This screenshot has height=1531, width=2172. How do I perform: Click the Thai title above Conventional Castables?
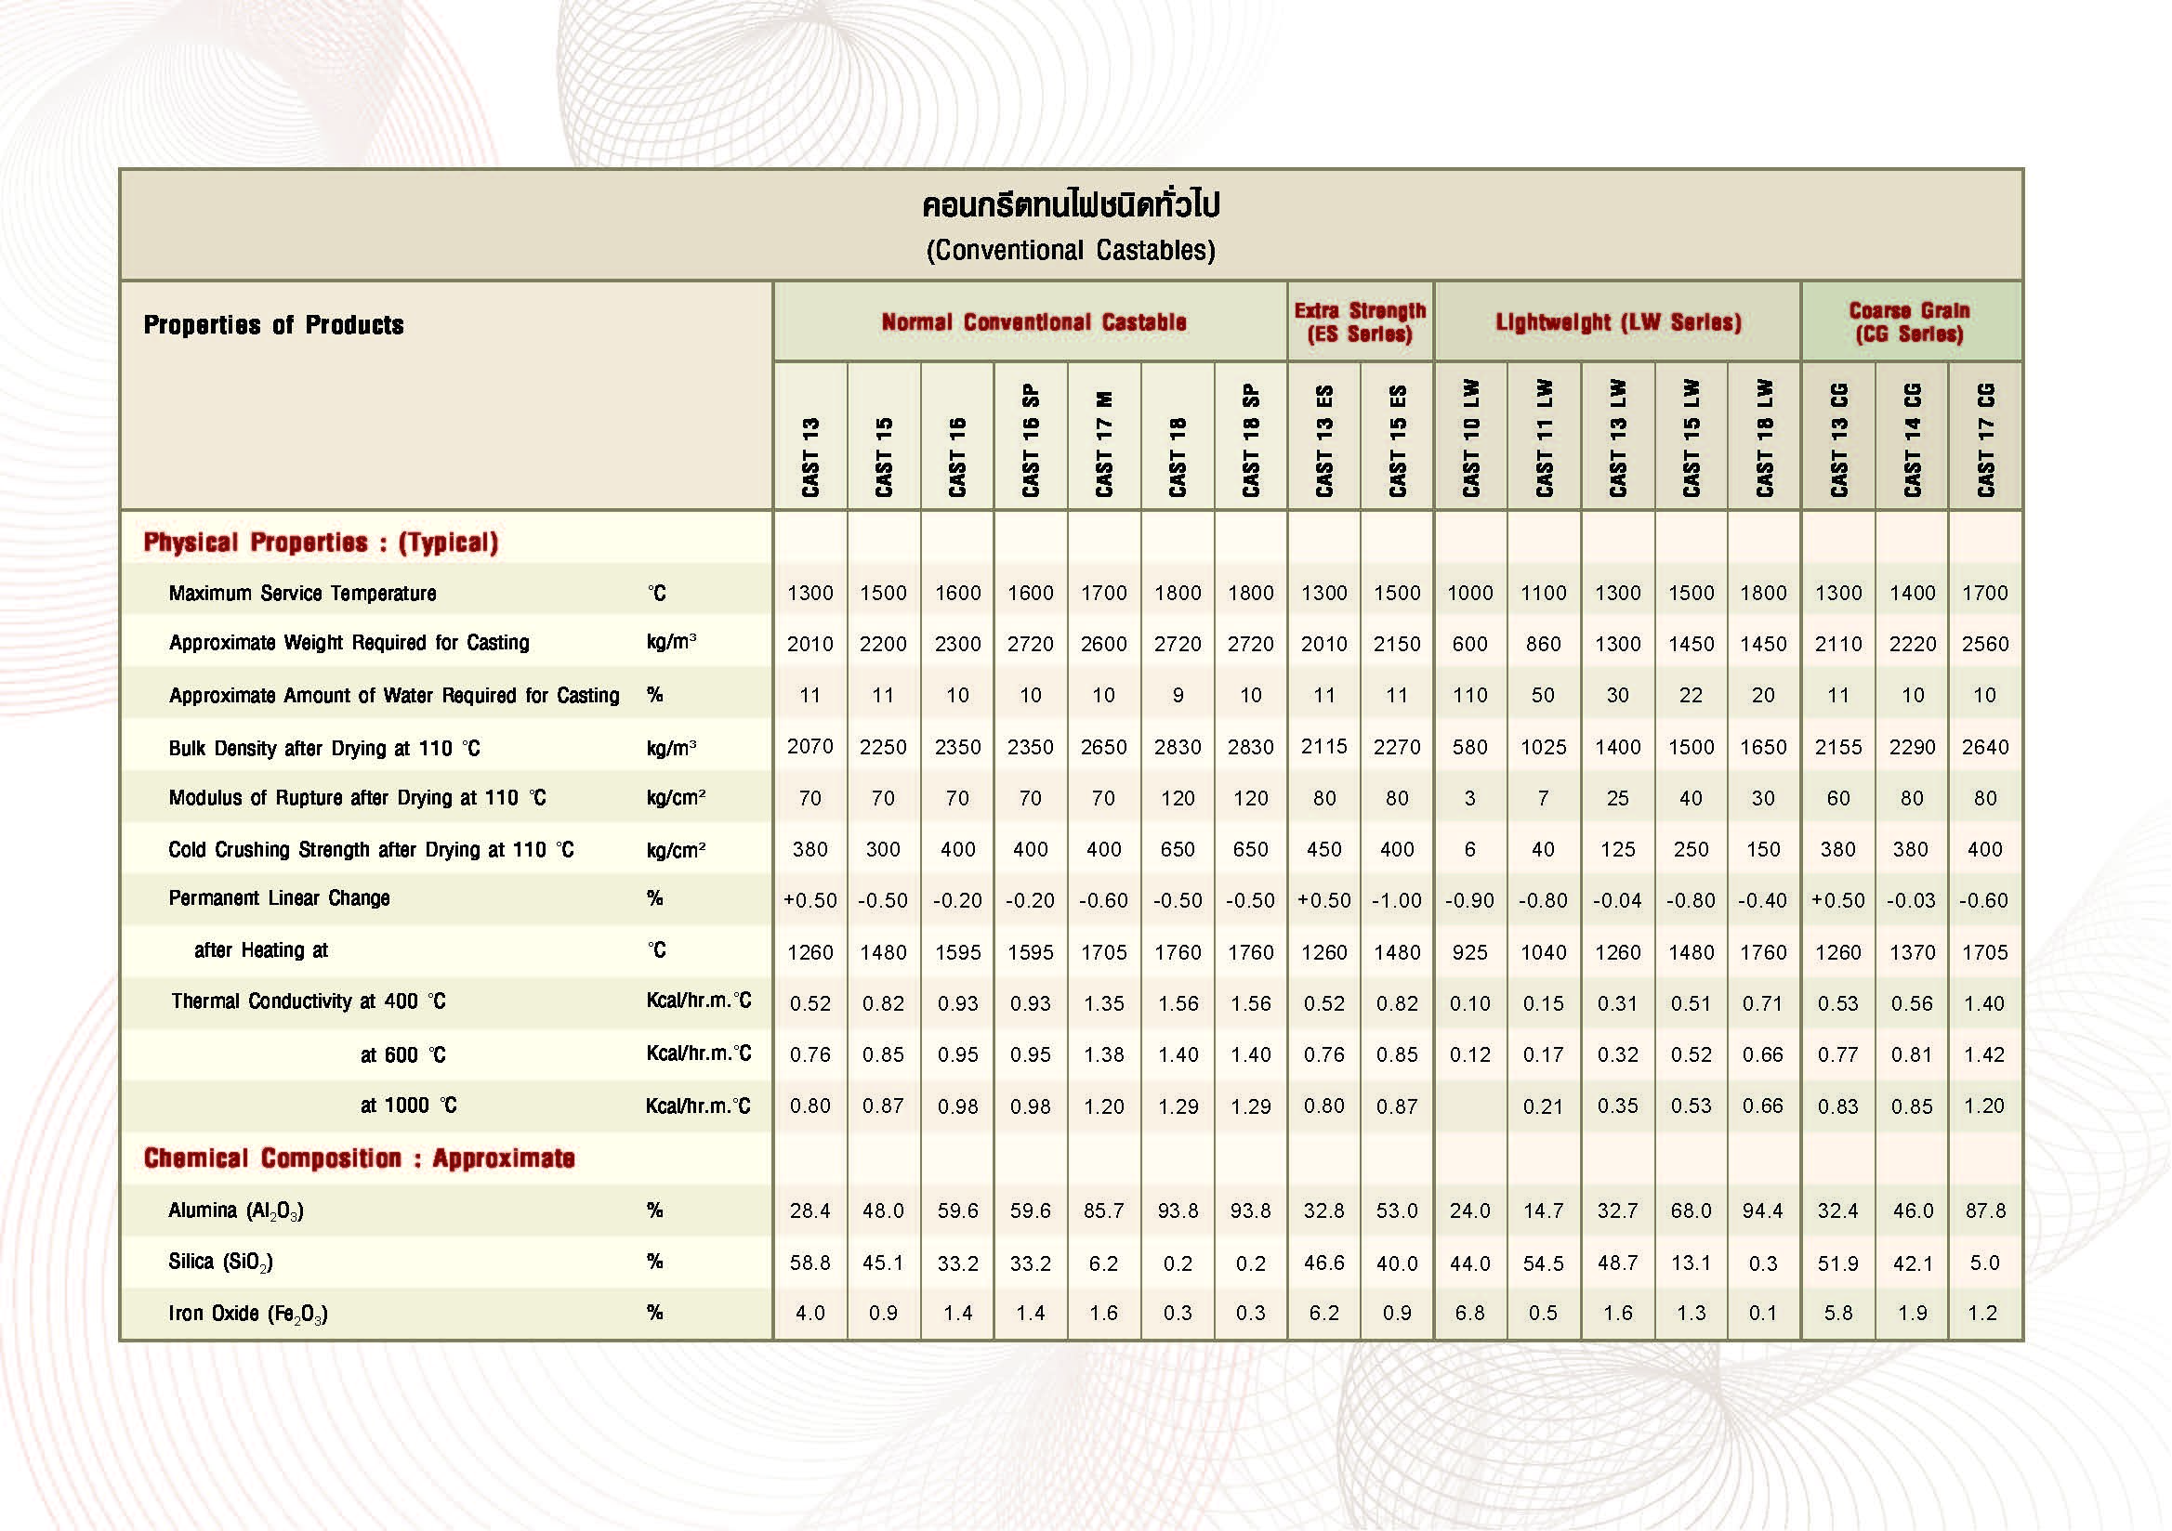click(1070, 204)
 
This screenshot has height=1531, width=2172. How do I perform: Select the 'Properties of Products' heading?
click(273, 325)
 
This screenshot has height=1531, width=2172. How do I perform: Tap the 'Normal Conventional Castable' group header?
click(1033, 322)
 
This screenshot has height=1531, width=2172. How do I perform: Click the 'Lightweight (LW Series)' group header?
click(1618, 322)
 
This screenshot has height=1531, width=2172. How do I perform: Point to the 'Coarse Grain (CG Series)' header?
click(1909, 322)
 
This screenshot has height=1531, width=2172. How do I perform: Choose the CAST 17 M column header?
click(1104, 442)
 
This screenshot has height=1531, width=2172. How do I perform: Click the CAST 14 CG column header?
click(1912, 439)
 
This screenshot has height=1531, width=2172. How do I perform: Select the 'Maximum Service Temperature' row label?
click(303, 593)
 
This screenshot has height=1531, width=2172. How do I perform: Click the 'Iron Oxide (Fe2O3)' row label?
click(248, 1314)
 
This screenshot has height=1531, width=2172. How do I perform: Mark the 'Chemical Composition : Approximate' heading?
click(360, 1158)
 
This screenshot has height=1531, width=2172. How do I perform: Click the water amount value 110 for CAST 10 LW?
click(1470, 695)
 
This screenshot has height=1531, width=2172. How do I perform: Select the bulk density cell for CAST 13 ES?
click(1323, 747)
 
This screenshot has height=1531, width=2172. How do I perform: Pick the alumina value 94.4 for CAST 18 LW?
click(1762, 1210)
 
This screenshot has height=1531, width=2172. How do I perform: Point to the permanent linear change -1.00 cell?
click(1397, 900)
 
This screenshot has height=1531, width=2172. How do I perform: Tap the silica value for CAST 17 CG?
click(1983, 1263)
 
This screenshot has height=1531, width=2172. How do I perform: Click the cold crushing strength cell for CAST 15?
click(883, 849)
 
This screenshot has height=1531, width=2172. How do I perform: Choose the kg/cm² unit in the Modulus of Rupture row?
click(676, 798)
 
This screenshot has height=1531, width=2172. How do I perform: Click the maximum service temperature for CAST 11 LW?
click(1543, 593)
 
